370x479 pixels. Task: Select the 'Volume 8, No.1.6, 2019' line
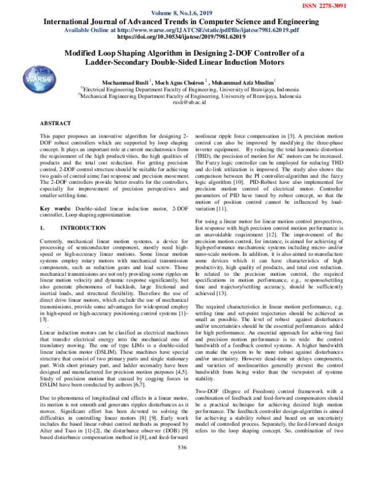pos(184,12)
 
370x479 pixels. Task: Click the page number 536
pos(183,464)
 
